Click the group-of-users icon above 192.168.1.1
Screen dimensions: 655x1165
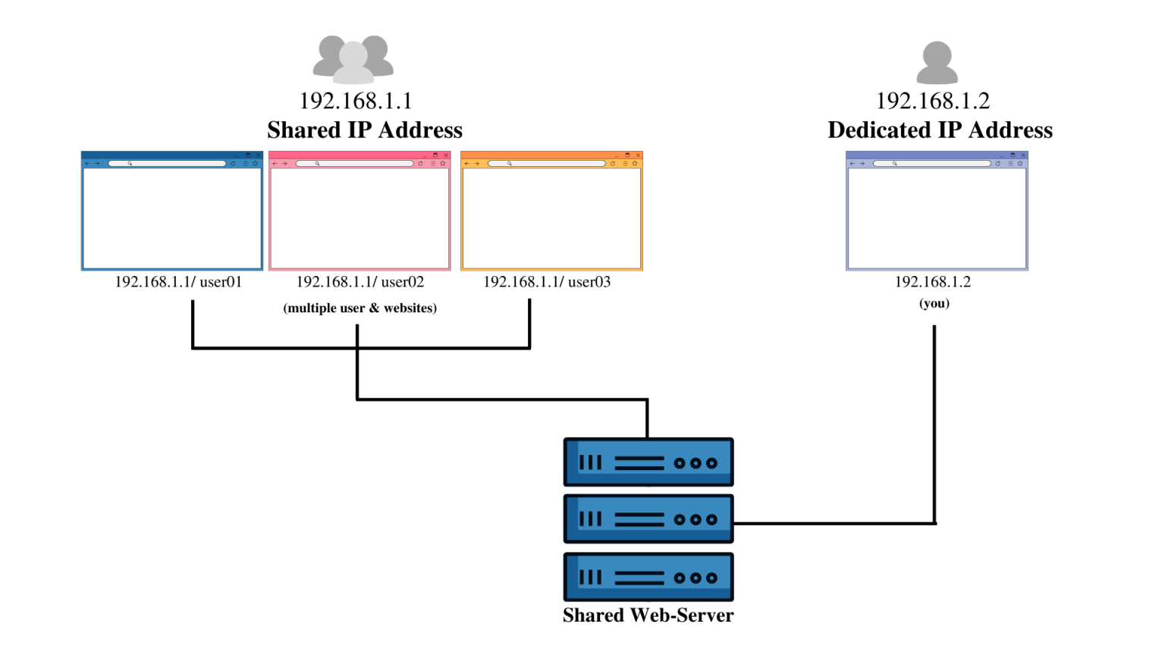point(353,59)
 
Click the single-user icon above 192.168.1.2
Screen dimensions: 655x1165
point(937,62)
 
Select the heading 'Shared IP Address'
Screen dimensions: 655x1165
point(365,130)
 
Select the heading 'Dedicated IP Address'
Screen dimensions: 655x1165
point(940,130)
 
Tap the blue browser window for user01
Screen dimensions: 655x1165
point(172,217)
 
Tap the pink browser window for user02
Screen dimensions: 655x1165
point(360,217)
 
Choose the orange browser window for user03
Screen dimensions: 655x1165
point(551,217)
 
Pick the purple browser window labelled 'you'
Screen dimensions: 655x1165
point(937,217)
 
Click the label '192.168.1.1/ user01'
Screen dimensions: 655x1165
point(178,282)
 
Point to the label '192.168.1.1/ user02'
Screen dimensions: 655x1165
point(360,282)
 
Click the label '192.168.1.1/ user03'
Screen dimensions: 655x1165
point(547,282)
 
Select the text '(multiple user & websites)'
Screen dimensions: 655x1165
point(360,308)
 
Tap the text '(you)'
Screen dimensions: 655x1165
point(934,303)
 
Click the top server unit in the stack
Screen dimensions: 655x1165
point(648,462)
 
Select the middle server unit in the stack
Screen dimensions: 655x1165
point(648,519)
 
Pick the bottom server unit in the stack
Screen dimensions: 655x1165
point(648,577)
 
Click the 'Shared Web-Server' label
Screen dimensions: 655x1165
point(648,615)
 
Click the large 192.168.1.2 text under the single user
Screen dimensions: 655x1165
point(933,101)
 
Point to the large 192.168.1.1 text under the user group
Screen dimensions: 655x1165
point(355,101)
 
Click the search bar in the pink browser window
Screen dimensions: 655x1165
point(354,164)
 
